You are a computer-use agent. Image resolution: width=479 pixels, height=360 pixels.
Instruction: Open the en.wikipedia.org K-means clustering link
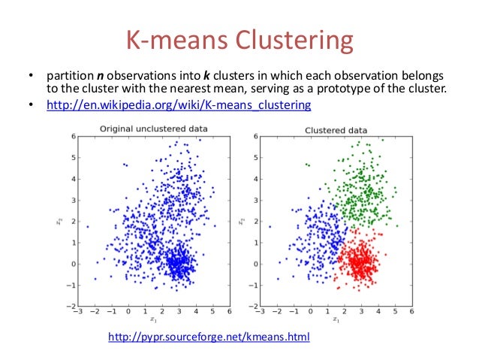point(178,105)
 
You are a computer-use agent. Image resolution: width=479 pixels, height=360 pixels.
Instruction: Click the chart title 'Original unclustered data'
point(154,129)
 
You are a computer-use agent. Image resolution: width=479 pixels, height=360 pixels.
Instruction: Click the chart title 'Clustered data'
point(335,129)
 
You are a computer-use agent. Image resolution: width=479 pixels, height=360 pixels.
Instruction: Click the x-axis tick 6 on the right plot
point(412,312)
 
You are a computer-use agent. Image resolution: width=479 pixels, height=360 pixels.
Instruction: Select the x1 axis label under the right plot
point(336,321)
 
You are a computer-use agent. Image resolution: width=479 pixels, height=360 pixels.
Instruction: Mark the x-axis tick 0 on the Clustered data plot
point(310,312)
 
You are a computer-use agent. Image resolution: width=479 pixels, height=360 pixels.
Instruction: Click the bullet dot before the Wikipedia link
point(32,105)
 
